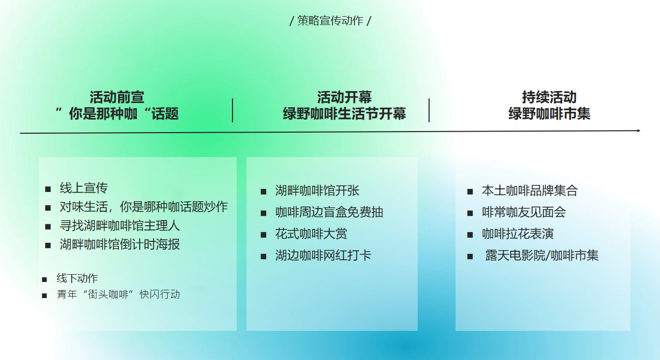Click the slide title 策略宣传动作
[330, 21]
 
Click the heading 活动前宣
[117, 97]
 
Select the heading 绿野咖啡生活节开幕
[344, 114]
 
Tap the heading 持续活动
[549, 97]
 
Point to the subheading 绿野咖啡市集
[549, 114]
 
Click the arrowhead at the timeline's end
[639, 131]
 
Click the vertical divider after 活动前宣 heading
[232, 110]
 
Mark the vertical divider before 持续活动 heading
[429, 110]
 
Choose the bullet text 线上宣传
[84, 188]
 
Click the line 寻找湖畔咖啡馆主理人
[120, 226]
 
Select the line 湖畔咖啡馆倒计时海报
[120, 245]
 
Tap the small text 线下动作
[77, 278]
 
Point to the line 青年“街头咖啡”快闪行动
[118, 294]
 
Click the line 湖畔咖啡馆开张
[317, 190]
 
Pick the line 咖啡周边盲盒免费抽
[329, 212]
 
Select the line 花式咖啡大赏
[311, 234]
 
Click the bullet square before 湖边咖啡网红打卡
[263, 256]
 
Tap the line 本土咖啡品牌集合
[530, 190]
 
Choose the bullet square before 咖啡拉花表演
[470, 235]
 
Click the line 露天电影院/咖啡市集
[542, 255]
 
